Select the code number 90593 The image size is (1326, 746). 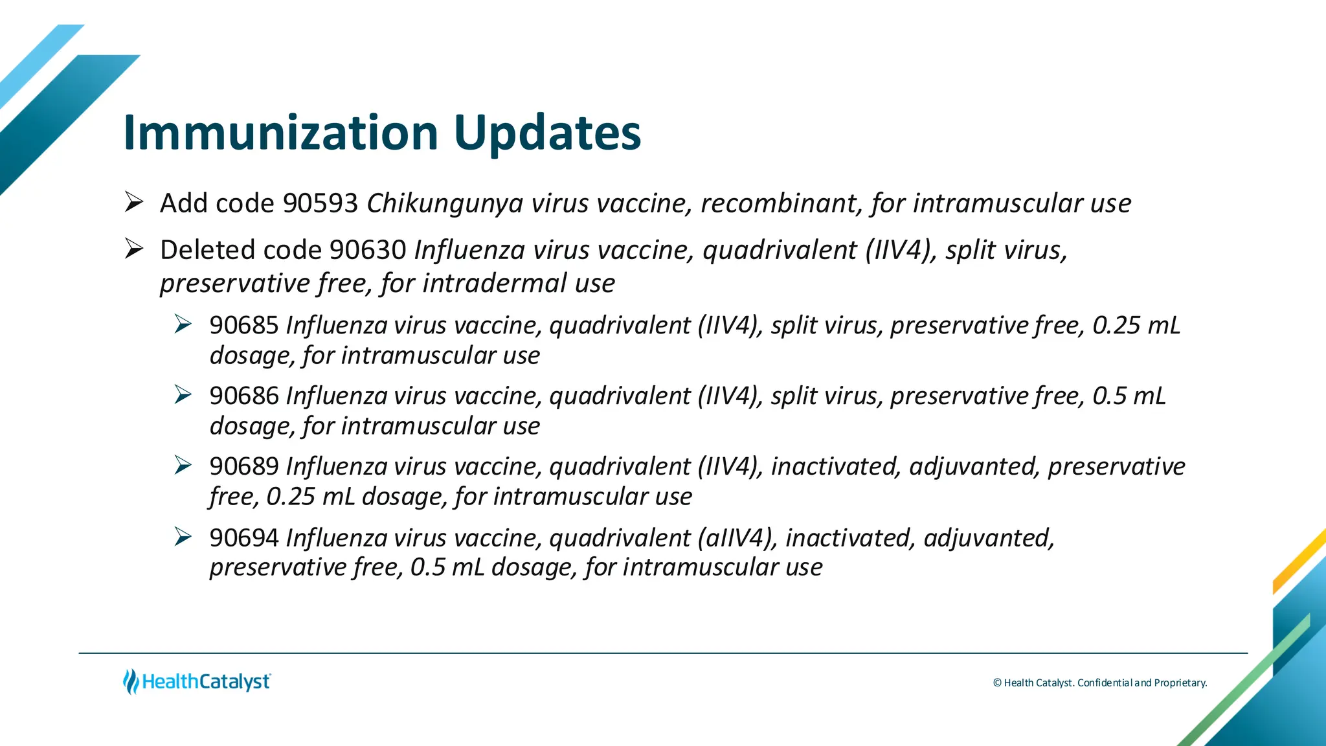point(320,203)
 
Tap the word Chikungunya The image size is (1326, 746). point(445,203)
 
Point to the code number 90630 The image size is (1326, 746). point(368,250)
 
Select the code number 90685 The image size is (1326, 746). point(244,325)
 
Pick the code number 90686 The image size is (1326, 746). point(244,396)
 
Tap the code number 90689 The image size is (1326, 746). point(244,466)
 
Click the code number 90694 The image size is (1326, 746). point(244,537)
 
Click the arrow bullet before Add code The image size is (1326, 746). point(134,203)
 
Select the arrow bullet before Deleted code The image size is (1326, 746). point(134,249)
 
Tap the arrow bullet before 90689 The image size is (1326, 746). point(183,465)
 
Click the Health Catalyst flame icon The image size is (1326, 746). point(131,681)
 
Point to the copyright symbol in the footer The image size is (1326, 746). point(997,683)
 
